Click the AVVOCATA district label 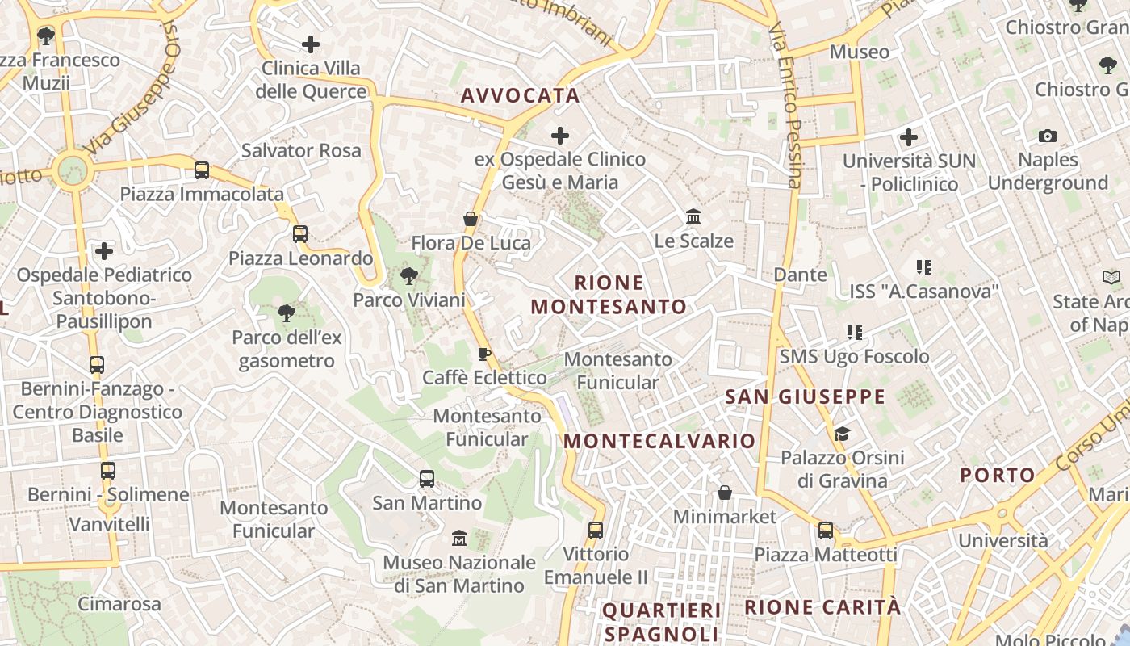coord(520,95)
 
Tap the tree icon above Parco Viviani coord(409,276)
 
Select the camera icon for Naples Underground coord(1048,136)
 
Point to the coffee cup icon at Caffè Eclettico coord(484,354)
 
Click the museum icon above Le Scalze coord(693,216)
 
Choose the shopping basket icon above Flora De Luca coord(471,219)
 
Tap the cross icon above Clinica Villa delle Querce coord(311,44)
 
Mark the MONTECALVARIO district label coord(659,441)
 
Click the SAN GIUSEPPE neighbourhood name coord(805,396)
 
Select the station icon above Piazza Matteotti coord(825,531)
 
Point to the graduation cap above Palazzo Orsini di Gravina coord(842,434)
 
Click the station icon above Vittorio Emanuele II coord(596,531)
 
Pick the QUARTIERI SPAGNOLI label coord(661,621)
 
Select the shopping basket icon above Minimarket coord(725,493)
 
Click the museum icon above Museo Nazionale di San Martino coord(459,538)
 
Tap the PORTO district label coord(997,475)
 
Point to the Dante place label coord(801,275)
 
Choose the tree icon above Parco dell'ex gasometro coord(286,313)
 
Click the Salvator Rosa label coord(301,150)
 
